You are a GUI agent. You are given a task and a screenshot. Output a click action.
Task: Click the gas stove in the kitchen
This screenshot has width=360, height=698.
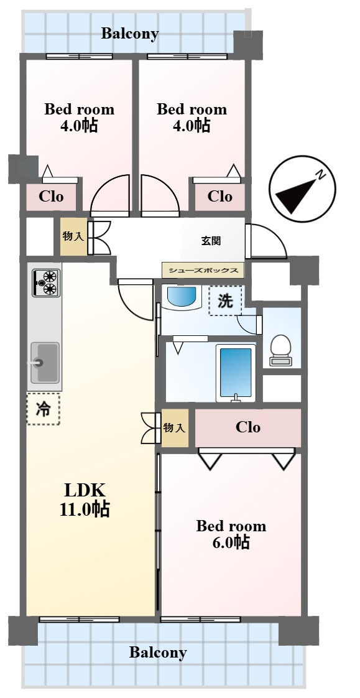(46, 283)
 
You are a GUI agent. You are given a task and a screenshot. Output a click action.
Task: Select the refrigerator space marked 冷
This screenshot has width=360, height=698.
(43, 408)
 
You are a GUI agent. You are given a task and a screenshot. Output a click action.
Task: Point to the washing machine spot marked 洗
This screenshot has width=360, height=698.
(226, 301)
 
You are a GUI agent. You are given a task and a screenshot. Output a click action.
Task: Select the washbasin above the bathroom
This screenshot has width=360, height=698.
(181, 296)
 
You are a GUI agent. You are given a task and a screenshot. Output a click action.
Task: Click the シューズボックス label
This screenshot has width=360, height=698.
(203, 270)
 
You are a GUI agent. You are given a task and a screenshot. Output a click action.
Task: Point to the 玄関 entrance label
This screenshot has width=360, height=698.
(211, 241)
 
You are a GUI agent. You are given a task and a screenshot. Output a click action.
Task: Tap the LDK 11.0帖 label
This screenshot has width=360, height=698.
(85, 500)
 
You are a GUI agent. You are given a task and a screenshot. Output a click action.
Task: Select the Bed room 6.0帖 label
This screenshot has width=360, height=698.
(231, 534)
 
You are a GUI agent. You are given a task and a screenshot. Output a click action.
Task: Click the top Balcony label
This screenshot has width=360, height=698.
(130, 34)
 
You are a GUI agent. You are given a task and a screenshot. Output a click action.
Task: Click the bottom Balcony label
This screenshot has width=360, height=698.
(158, 653)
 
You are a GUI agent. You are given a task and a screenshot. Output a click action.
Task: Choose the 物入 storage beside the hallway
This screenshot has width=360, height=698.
(74, 236)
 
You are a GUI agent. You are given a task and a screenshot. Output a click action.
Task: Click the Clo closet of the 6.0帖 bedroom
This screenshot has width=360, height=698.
(248, 428)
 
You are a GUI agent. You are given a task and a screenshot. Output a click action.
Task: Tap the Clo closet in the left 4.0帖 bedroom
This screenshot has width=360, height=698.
(51, 197)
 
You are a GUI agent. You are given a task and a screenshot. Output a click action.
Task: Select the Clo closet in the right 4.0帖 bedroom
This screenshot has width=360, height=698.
(220, 197)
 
